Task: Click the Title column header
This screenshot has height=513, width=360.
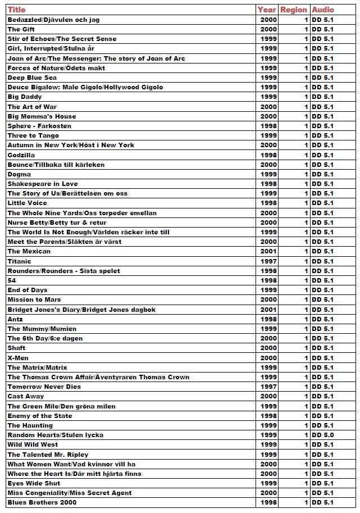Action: [x=17, y=10]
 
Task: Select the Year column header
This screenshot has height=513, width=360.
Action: [x=267, y=10]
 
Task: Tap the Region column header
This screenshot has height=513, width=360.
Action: [x=294, y=10]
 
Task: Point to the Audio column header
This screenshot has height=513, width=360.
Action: [x=323, y=10]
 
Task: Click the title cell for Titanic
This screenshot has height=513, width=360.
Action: [x=20, y=261]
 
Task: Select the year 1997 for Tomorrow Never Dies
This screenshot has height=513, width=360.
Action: [x=269, y=387]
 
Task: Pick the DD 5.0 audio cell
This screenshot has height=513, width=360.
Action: [x=322, y=435]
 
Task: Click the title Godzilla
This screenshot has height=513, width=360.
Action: [x=21, y=155]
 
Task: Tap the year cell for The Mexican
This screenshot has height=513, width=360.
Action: [x=269, y=252]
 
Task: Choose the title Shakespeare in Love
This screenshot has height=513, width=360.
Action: [x=43, y=184]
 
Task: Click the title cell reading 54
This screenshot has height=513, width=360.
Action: [x=12, y=280]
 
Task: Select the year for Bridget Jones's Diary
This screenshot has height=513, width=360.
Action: [x=269, y=310]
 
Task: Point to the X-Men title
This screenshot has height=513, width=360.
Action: [x=18, y=358]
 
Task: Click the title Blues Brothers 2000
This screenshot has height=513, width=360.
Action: [x=42, y=502]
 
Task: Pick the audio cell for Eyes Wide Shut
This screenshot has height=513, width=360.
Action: [x=322, y=483]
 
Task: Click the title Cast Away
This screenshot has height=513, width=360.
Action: [x=26, y=396]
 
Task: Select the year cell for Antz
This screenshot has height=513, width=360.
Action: [x=269, y=319]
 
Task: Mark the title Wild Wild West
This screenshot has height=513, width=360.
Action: [x=33, y=444]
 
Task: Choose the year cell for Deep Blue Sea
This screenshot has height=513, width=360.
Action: [x=269, y=78]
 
